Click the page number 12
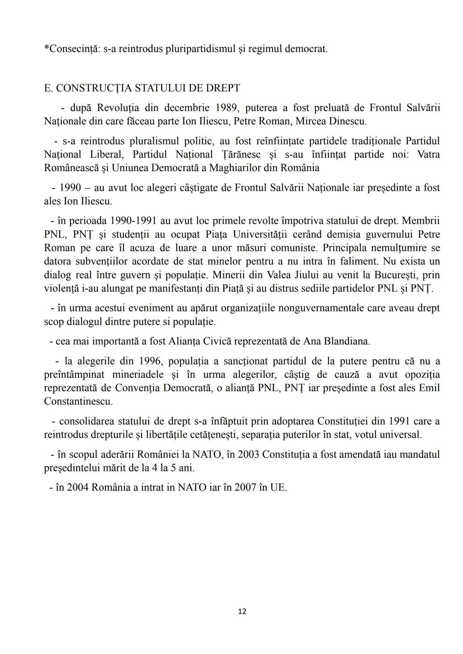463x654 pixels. point(242,611)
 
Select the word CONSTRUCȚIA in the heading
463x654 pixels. point(93,88)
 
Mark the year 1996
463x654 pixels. point(148,361)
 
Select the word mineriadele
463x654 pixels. point(138,374)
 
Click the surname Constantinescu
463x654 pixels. point(78,401)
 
